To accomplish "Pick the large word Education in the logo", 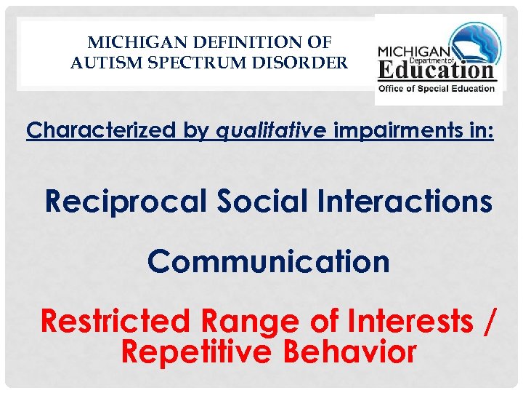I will (437, 71).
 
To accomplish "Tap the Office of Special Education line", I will (436, 89).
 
